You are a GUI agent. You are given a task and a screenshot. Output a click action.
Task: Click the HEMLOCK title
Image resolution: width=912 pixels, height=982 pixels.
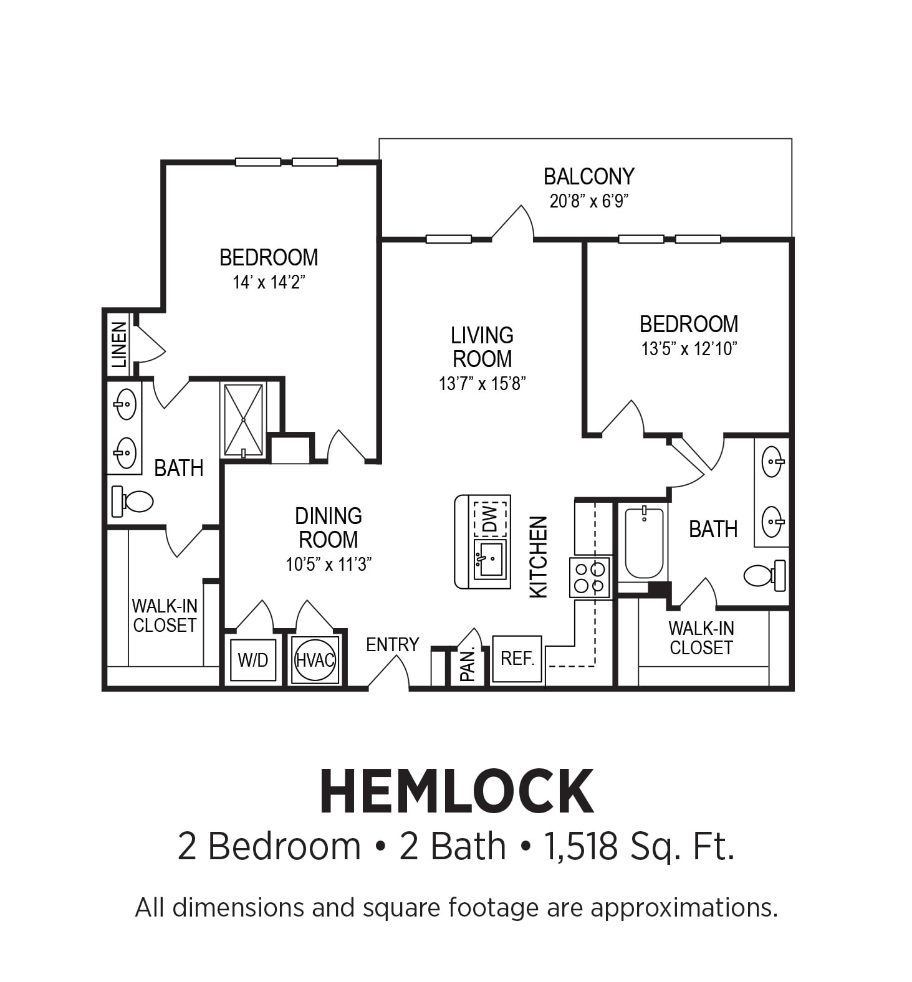click(x=456, y=792)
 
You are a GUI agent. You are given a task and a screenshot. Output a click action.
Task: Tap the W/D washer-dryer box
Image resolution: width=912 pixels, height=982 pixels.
click(x=252, y=660)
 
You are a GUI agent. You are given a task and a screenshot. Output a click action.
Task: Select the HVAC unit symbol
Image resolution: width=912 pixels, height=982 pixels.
click(x=315, y=660)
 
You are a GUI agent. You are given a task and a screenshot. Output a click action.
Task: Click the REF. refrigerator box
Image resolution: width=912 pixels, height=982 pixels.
click(x=517, y=659)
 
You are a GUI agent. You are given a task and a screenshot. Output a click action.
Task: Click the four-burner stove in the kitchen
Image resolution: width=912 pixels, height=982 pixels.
click(x=590, y=578)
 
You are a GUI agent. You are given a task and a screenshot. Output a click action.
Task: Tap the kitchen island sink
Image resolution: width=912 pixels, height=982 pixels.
click(x=490, y=559)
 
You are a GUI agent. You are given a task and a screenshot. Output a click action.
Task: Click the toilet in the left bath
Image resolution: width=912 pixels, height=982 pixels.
click(x=133, y=500)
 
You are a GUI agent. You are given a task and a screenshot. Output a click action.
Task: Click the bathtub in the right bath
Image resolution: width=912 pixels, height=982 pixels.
click(x=644, y=542)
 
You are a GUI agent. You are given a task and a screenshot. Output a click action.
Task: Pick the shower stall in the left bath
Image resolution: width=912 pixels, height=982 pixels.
click(x=244, y=420)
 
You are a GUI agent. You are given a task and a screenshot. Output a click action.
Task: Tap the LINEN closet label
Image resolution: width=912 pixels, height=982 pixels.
click(x=118, y=345)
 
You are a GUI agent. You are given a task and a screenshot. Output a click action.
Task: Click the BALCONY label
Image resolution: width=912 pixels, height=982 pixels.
click(x=588, y=177)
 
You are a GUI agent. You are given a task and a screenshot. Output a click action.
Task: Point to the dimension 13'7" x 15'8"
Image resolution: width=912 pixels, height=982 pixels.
click(x=482, y=384)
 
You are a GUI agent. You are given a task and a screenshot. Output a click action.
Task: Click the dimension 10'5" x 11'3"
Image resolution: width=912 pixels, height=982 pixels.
click(x=329, y=565)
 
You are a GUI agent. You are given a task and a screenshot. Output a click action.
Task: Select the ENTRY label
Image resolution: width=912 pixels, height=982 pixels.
click(x=392, y=644)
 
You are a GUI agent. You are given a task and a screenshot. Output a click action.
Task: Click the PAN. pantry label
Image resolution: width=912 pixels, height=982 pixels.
click(x=468, y=664)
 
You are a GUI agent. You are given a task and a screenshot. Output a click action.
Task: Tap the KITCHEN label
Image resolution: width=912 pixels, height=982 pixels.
click(x=538, y=557)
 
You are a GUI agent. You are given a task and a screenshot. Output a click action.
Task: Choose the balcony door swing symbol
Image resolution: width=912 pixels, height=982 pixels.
click(x=514, y=223)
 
